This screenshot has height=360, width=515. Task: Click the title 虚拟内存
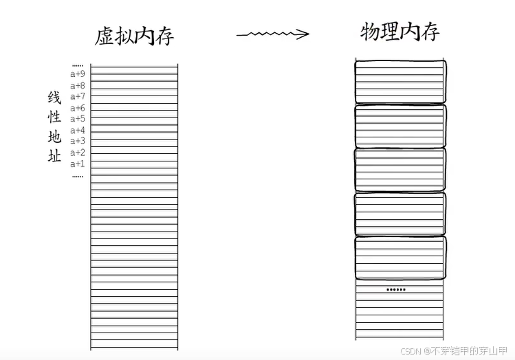coord(134,35)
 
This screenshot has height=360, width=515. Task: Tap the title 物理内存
coord(399,32)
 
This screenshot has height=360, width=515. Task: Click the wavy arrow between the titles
coord(272,34)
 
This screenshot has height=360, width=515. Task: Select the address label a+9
coord(78,74)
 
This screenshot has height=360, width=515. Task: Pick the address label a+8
coord(78,86)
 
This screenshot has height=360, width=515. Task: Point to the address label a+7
coord(78,97)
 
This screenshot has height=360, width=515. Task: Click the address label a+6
coord(78,109)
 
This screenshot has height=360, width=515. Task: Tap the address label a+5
coord(78,119)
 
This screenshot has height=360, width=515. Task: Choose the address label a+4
coord(78,131)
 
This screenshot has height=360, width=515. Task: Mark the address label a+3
coord(78,142)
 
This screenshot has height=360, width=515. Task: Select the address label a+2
coord(78,153)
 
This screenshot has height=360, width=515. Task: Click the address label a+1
coord(78,164)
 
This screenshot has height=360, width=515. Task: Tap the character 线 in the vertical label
coord(54,98)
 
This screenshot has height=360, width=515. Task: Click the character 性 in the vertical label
coord(54,117)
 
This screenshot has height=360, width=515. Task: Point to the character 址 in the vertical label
coord(54,156)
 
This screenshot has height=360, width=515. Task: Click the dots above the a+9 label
coord(78,65)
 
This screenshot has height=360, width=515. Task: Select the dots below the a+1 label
coord(78,176)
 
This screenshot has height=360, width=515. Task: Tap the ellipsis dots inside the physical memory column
coord(396,290)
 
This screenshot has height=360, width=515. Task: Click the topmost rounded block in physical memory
coord(400,81)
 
